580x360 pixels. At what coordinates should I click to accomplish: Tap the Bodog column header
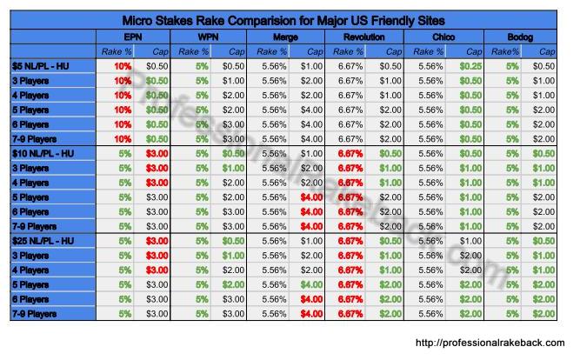pyautogui.click(x=521, y=38)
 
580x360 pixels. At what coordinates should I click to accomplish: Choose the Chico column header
pyautogui.click(x=443, y=38)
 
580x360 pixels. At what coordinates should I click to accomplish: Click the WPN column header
pyautogui.click(x=209, y=38)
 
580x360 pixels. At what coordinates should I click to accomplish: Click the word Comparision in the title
pyautogui.click(x=254, y=18)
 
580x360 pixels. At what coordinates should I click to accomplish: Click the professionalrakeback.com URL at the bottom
pyautogui.click(x=490, y=342)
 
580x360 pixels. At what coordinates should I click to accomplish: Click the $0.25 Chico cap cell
pyautogui.click(x=464, y=65)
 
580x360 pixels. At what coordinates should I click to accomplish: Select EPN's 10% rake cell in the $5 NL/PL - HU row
pyautogui.click(x=122, y=65)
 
